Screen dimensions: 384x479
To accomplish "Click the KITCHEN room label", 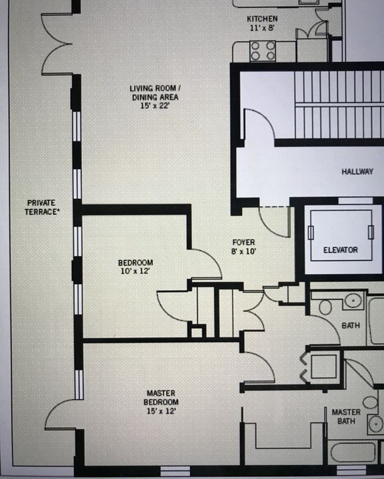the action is coord(262,19).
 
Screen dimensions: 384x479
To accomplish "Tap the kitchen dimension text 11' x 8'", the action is coord(262,28).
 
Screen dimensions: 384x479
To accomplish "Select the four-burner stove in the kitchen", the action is coord(263,51).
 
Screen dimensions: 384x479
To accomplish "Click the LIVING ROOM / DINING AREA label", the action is coord(155,93).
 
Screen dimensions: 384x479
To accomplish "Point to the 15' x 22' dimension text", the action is coord(155,106).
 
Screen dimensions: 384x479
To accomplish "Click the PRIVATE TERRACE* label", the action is coord(41,207).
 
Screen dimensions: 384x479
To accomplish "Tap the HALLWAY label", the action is coord(357,172).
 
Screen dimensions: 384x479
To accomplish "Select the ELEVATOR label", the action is coord(341,250).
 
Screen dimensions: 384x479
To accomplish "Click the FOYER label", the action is coord(244,243).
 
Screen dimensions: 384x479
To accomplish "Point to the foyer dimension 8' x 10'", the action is coord(244,251).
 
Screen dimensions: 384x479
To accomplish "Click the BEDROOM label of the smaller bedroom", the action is coord(135,263).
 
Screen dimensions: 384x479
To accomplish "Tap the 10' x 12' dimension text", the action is coord(135,271).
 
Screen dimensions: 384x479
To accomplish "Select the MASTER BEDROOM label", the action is coord(161,397).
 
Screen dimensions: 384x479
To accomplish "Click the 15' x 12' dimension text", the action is coord(161,411).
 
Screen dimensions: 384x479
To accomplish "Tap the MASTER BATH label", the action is coord(347,416).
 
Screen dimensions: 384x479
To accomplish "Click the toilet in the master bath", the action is coord(370,402).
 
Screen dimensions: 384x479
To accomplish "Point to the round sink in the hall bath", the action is coord(353,301).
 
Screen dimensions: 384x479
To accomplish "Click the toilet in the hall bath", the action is coord(325,307).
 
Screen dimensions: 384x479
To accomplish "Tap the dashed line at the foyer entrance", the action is coord(275,207).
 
